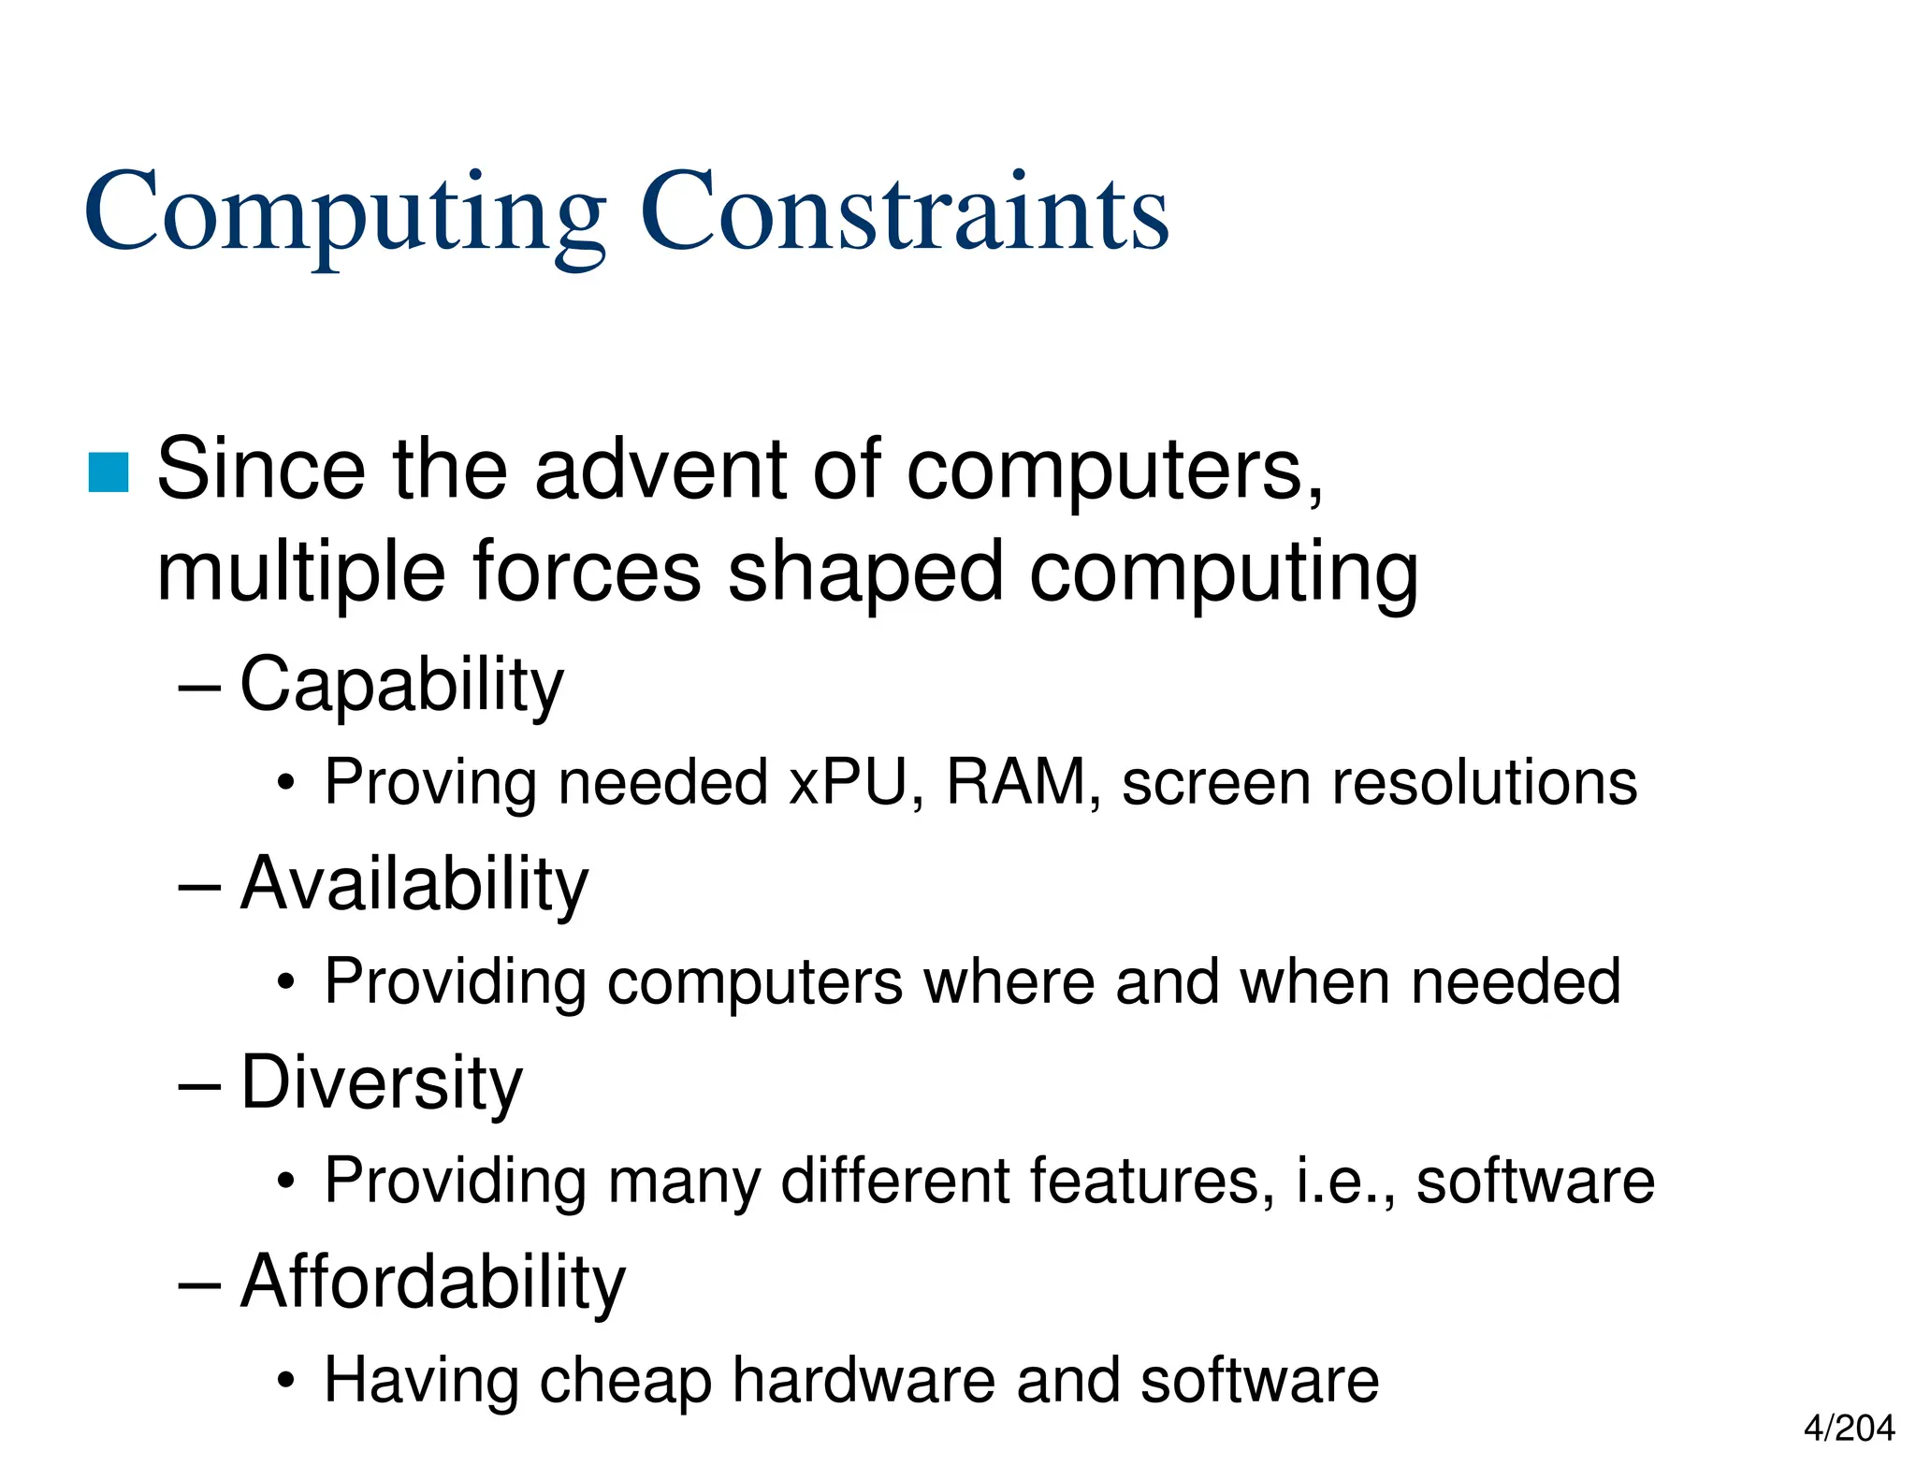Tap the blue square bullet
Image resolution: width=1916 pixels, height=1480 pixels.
pyautogui.click(x=109, y=472)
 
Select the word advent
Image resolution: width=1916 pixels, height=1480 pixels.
pyautogui.click(x=660, y=470)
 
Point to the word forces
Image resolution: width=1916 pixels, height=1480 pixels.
pyautogui.click(x=587, y=573)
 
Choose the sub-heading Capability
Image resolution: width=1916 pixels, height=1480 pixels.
pyautogui.click(x=402, y=685)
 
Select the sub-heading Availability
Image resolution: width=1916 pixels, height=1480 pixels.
pyautogui.click(x=414, y=884)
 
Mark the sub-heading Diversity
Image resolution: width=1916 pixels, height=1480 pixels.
pyautogui.click(x=382, y=1083)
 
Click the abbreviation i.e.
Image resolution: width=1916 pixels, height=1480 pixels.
pyautogui.click(x=1343, y=1181)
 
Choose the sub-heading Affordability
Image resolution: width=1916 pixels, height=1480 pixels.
pyautogui.click(x=433, y=1283)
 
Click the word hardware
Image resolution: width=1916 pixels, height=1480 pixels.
pyautogui.click(x=863, y=1381)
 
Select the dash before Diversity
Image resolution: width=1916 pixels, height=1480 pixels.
pyautogui.click(x=199, y=1085)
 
